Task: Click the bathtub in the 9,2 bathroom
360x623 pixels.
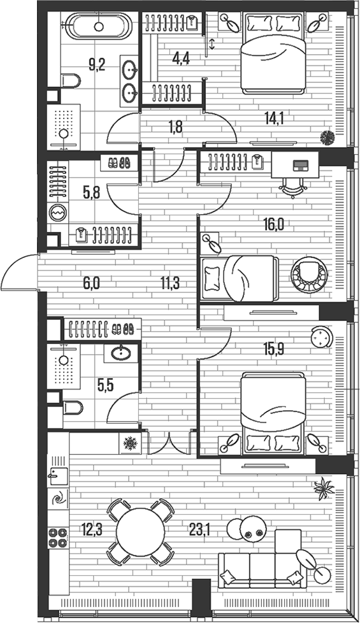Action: (98, 27)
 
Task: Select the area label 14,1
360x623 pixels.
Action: (275, 117)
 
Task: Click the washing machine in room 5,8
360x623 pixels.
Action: (58, 211)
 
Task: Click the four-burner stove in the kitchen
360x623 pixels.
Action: (58, 538)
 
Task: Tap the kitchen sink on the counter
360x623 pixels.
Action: (59, 475)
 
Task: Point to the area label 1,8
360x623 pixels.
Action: (176, 126)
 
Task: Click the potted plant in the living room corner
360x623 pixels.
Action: (324, 487)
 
